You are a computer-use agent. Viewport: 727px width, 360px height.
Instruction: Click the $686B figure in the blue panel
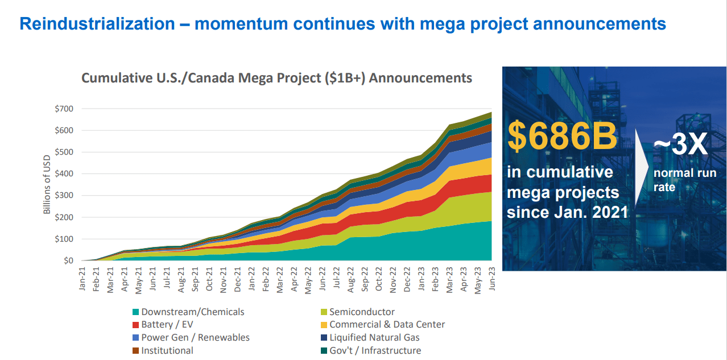tap(562, 136)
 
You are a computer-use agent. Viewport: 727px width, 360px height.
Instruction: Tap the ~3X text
tap(680, 146)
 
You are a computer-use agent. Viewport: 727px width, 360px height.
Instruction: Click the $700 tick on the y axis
tap(64, 108)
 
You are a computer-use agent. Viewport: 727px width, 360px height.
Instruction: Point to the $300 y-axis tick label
tap(64, 196)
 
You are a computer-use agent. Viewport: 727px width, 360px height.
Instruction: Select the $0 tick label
tap(68, 260)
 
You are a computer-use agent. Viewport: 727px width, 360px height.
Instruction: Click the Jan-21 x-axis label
tap(82, 278)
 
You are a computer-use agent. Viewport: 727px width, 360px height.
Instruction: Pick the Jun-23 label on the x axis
tap(492, 278)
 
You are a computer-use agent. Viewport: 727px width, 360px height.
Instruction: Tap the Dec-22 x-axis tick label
tap(407, 278)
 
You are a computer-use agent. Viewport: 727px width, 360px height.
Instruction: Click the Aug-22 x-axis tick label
tap(351, 278)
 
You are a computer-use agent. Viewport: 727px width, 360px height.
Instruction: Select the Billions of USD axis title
tap(47, 184)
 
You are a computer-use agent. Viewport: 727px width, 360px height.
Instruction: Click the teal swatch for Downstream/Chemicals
tap(135, 312)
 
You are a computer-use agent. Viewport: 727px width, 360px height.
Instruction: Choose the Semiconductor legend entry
tap(362, 312)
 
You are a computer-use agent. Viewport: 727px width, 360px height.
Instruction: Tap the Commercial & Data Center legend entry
tap(387, 325)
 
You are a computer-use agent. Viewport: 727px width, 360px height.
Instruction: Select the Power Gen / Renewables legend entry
tap(195, 338)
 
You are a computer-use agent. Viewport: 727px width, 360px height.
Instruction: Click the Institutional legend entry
tap(167, 351)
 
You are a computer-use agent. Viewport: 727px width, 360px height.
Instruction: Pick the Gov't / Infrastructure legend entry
tap(375, 351)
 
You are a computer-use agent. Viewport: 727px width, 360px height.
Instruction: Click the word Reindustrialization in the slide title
tap(97, 24)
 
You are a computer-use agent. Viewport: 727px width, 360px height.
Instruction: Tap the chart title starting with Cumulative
tap(276, 78)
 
